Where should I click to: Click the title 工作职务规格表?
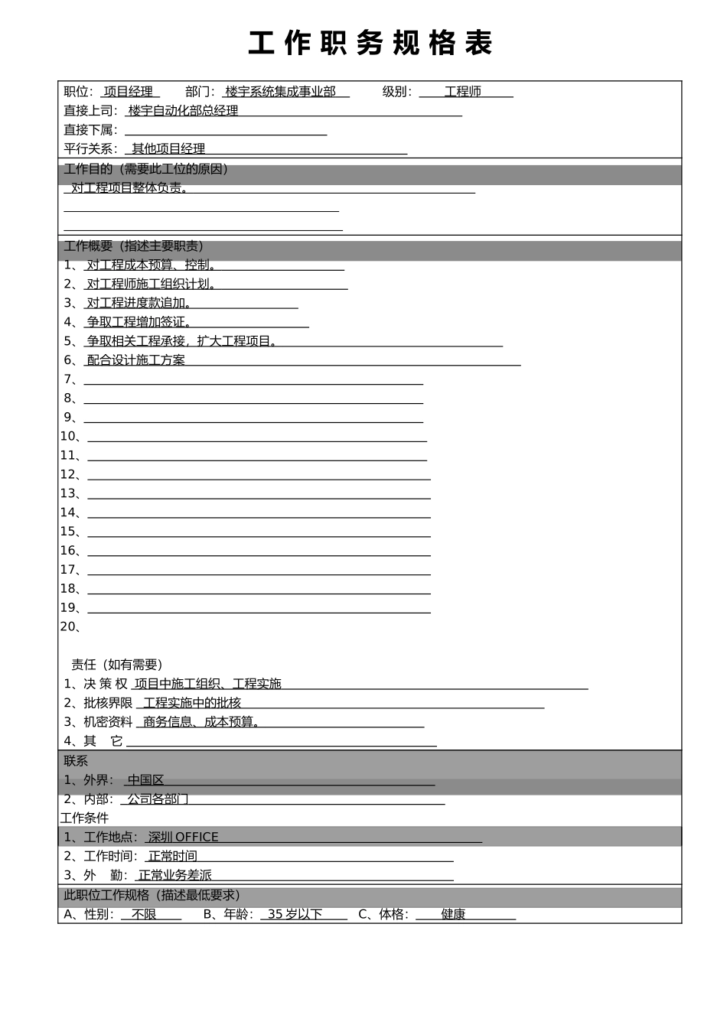click(x=370, y=44)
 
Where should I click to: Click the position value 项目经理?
click(x=129, y=92)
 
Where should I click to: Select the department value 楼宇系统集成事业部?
click(x=281, y=92)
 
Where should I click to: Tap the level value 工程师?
click(x=463, y=92)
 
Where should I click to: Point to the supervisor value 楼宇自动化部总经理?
click(x=184, y=111)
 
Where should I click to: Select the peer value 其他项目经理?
click(x=168, y=149)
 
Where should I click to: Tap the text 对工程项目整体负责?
click(x=129, y=188)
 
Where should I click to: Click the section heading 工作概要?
click(x=134, y=246)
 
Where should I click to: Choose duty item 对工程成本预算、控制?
click(x=151, y=265)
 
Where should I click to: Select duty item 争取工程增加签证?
click(x=139, y=322)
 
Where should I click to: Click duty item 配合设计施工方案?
click(x=136, y=360)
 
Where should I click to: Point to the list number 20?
click(x=69, y=627)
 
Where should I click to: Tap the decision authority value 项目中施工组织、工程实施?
click(x=208, y=684)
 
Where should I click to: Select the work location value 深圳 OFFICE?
click(x=184, y=838)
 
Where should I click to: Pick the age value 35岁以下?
click(x=295, y=914)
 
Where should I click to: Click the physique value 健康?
click(x=453, y=914)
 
